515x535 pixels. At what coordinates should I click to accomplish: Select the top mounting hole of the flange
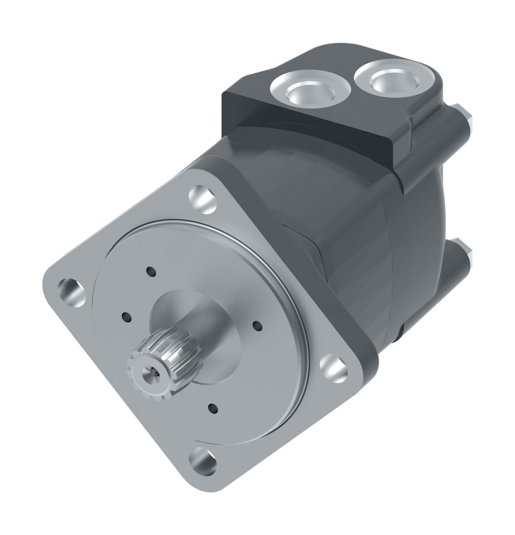pos(203,199)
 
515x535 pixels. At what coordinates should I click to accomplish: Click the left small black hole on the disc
pos(127,318)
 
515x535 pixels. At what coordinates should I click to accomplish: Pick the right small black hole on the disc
pos(257,326)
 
